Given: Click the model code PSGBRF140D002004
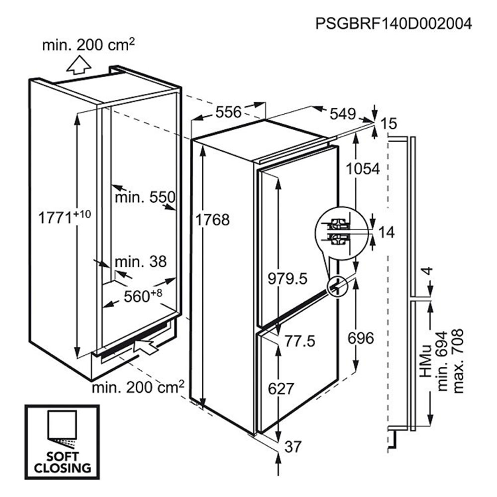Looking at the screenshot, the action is click(x=394, y=23).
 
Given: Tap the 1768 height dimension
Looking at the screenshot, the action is click(x=212, y=220).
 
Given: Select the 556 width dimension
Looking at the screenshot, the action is click(x=229, y=112).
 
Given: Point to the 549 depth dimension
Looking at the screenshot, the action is click(x=342, y=114).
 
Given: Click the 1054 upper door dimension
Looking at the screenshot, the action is click(x=363, y=168).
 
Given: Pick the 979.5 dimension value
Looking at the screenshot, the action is click(x=287, y=279).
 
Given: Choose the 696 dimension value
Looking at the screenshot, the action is click(x=361, y=338).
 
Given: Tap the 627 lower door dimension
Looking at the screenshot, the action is click(x=281, y=388).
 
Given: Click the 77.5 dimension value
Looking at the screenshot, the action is click(x=300, y=341).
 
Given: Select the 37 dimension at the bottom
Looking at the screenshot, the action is click(x=293, y=447).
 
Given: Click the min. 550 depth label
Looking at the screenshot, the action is click(x=145, y=197).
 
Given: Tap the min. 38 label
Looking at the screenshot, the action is click(x=141, y=262).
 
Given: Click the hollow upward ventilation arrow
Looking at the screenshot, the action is click(x=79, y=65).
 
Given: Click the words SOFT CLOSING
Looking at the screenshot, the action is click(x=63, y=462).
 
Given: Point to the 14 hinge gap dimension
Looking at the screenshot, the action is click(x=387, y=232).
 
